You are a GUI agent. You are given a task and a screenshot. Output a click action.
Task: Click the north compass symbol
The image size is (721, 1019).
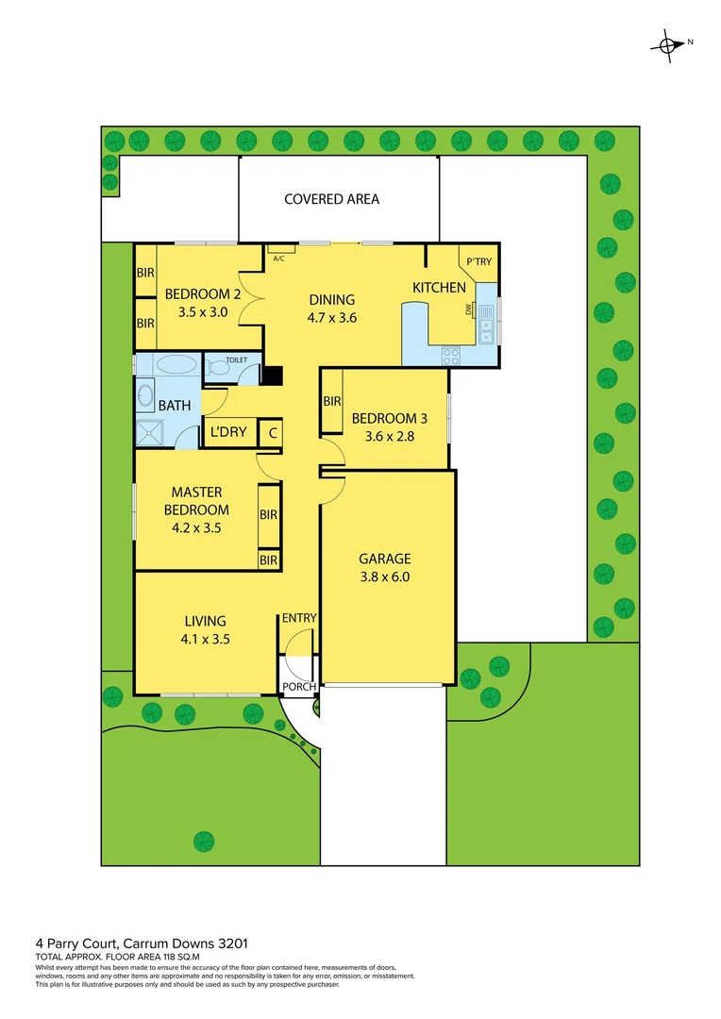tap(669, 44)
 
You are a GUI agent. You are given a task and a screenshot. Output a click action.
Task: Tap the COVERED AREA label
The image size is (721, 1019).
tap(332, 199)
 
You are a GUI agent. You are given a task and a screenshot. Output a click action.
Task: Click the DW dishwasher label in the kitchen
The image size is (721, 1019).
tap(468, 309)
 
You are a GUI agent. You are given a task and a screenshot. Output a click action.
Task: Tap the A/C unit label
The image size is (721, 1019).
tap(278, 259)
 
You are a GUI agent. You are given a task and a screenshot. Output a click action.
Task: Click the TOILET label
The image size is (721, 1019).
tap(236, 360)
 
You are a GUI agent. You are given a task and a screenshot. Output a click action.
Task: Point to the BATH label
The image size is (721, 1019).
tap(174, 406)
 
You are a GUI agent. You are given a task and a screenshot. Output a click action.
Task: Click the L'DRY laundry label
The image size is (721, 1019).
tap(227, 433)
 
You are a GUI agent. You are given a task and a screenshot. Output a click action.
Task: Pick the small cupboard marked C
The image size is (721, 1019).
tap(272, 433)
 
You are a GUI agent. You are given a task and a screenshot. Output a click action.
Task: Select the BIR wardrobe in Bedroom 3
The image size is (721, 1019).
tap(332, 401)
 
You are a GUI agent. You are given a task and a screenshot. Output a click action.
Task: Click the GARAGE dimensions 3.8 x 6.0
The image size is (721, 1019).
tap(384, 578)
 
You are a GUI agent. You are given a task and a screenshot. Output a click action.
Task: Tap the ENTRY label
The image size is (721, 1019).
tap(299, 618)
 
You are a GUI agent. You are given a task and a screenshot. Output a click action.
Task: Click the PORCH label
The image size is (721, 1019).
tap(300, 687)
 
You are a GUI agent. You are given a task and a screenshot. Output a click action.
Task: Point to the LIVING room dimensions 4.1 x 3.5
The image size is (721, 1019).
tap(205, 638)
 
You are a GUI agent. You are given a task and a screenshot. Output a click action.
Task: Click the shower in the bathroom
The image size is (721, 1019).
tap(148, 432)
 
